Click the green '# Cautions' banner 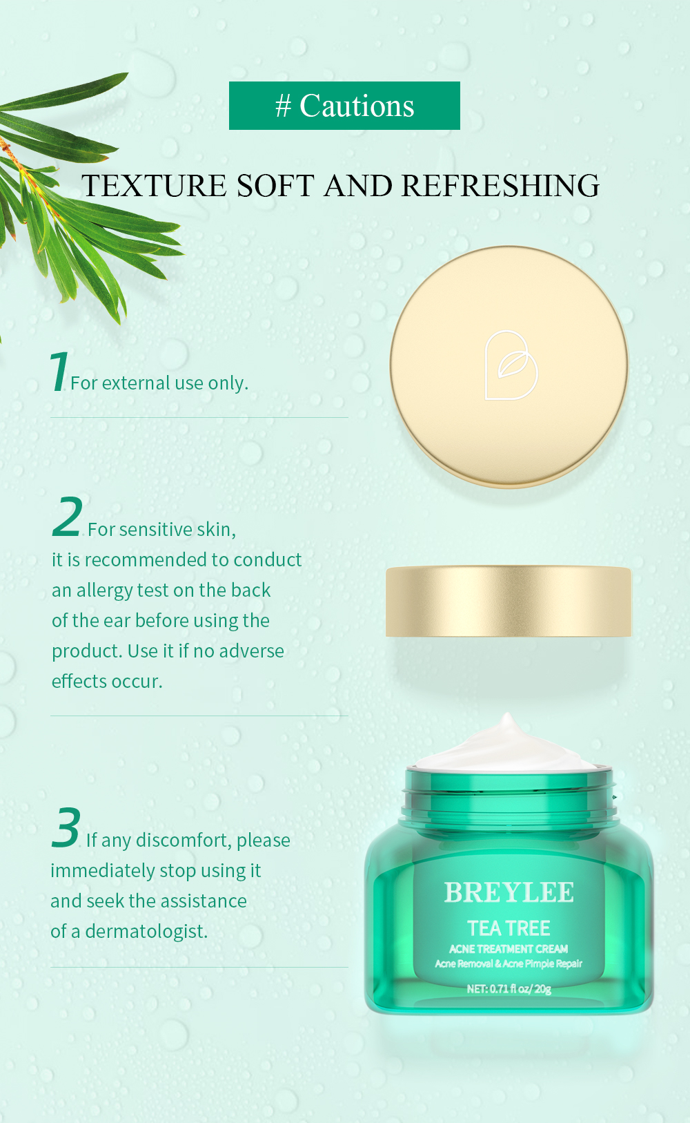344,106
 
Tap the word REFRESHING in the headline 500,186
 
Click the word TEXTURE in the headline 154,186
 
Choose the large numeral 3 66,827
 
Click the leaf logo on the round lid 511,365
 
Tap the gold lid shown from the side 509,601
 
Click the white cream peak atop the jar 507,742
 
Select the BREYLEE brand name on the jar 509,892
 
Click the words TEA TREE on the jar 509,928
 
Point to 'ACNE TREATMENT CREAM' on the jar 509,949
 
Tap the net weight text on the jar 509,988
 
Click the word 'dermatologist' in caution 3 146,931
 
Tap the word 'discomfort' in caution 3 183,840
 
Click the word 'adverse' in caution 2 251,651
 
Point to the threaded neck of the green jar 509,798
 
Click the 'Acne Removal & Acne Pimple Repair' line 509,963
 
